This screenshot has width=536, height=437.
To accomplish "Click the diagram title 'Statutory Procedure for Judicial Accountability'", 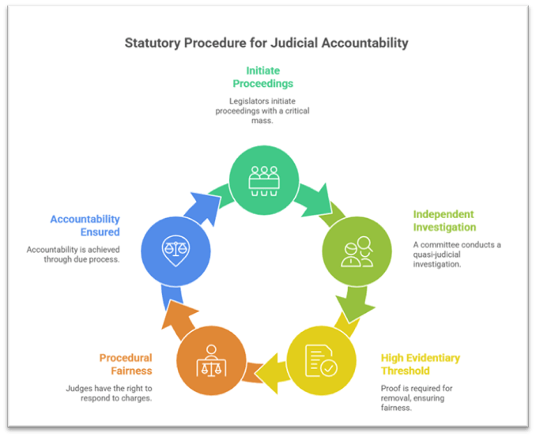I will click(x=266, y=42).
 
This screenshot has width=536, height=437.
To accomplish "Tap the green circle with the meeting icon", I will click(x=264, y=181).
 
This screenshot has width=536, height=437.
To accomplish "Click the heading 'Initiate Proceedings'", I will click(x=263, y=77).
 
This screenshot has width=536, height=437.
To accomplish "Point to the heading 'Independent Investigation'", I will click(x=444, y=220).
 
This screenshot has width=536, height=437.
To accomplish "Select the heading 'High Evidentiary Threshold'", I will click(x=421, y=364).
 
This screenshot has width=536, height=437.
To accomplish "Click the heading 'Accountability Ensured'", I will click(x=85, y=225).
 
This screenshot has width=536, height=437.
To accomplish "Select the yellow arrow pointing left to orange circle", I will click(x=267, y=371).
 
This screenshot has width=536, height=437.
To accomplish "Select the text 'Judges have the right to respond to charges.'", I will click(x=110, y=394).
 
